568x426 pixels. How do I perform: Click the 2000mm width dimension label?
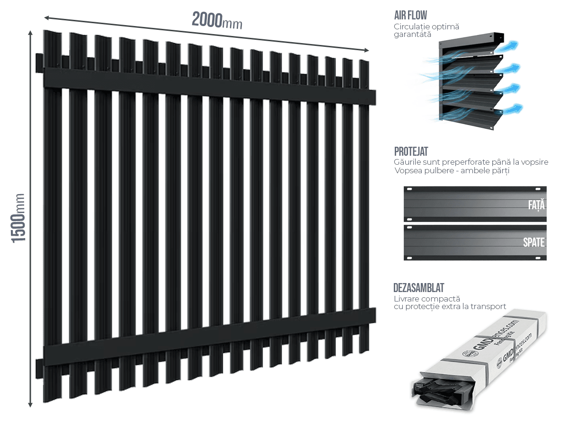pyautogui.click(x=217, y=21)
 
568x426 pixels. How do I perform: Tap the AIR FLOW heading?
pyautogui.click(x=410, y=15)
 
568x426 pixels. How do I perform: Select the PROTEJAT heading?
pyautogui.click(x=411, y=152)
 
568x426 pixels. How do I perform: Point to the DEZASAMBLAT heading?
pyautogui.click(x=419, y=288)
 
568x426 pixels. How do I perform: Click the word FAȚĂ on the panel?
pyautogui.click(x=536, y=205)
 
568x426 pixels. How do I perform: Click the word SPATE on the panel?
pyautogui.click(x=534, y=243)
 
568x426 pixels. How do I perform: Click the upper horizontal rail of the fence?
pyautogui.click(x=208, y=85)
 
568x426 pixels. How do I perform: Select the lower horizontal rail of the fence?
pyautogui.click(x=208, y=338)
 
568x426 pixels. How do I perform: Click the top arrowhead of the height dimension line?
pyautogui.click(x=30, y=33)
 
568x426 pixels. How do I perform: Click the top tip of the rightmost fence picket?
pyautogui.click(x=364, y=62)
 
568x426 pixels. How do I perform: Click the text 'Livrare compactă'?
pyautogui.click(x=426, y=299)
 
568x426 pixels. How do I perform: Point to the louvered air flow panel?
pyautogui.click(x=471, y=80)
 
